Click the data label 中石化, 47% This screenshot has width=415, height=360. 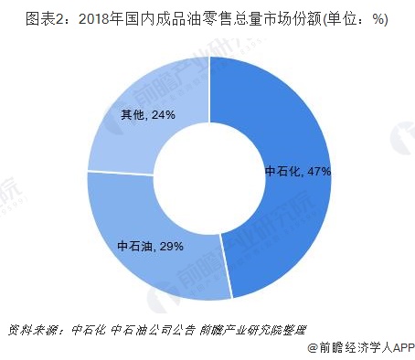pos(297,171)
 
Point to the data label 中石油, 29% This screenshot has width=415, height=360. pos(151,246)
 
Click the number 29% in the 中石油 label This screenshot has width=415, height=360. pos(171,246)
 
